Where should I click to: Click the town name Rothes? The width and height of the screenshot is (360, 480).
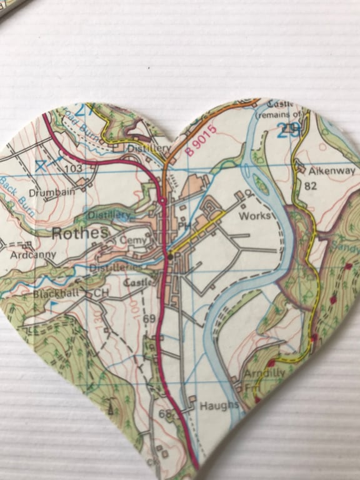(81, 233)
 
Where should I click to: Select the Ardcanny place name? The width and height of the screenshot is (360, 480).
(32, 255)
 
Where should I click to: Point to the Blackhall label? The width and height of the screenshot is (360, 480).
(57, 292)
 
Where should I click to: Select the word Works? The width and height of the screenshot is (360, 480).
(257, 215)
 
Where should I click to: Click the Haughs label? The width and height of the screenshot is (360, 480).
(219, 406)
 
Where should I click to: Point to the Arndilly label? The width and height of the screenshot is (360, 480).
(265, 373)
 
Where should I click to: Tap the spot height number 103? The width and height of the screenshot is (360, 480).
(72, 169)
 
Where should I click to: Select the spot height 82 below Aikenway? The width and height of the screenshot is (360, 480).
(310, 186)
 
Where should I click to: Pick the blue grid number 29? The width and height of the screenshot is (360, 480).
(288, 130)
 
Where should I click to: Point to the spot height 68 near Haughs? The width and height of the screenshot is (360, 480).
(164, 414)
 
